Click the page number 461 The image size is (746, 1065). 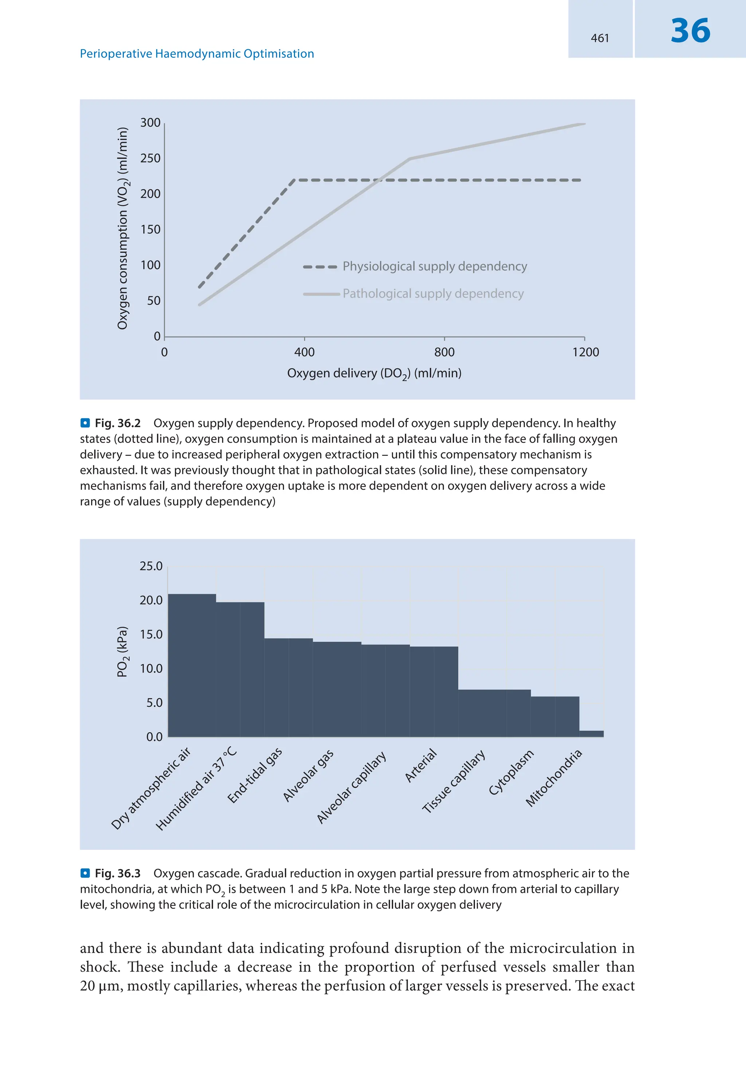pos(600,38)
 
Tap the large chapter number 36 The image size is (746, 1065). pos(690,31)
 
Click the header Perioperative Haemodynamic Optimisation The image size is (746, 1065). pos(197,54)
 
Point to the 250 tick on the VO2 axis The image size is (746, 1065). pos(150,159)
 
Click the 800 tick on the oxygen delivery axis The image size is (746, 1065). pos(444,352)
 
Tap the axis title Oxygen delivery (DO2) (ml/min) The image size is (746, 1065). pos(374,374)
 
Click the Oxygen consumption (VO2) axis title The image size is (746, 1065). pos(122,228)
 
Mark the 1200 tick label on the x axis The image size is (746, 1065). pos(585,352)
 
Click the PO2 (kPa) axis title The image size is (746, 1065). pos(122,652)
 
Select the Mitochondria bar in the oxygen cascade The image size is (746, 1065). pos(591,734)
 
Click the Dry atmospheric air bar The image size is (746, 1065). pos(192,665)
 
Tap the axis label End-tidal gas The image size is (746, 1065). pos(255,776)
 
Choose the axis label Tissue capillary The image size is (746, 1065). pos(453,782)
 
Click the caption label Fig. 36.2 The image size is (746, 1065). pos(117,423)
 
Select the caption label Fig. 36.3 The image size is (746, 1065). pos(117,874)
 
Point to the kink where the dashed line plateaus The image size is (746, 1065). pos(295,180)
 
